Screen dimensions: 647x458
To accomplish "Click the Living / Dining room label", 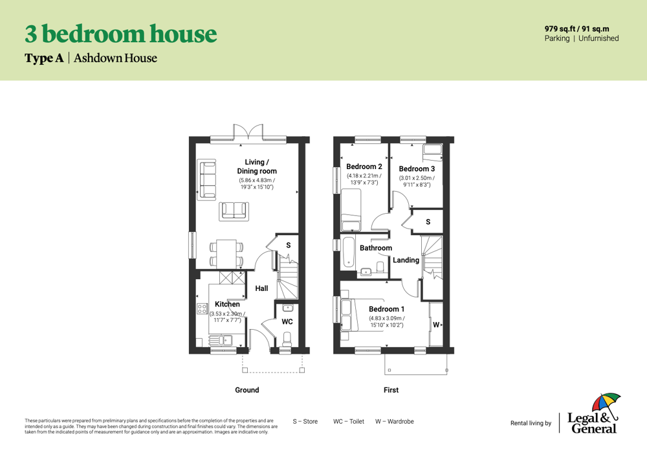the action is [257, 166].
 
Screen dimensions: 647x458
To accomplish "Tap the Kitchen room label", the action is [227, 304].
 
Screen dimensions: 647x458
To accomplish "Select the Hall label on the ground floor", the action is [261, 288].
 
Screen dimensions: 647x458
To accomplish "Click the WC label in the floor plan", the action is [287, 321].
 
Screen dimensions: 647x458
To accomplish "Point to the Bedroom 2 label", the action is [364, 166].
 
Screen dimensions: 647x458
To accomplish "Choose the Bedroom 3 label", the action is [417, 168].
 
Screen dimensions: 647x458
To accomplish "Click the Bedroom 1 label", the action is [387, 309].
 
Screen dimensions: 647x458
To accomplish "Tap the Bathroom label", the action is [376, 248].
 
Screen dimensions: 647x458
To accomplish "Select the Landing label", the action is [406, 260].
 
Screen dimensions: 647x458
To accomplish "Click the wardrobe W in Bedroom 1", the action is [435, 325].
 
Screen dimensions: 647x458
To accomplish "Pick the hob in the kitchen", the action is [202, 308].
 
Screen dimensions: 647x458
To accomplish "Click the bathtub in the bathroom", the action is [348, 252].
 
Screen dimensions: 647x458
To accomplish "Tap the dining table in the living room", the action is [226, 253].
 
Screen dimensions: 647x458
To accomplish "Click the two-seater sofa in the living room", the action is [234, 211].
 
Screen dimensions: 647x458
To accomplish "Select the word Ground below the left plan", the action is [247, 390].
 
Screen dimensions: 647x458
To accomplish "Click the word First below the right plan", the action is [391, 390].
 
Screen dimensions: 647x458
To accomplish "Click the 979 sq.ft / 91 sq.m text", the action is [577, 29].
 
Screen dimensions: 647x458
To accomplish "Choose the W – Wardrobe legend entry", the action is [395, 422].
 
